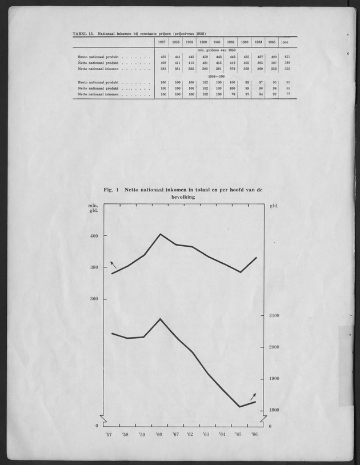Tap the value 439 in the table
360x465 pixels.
pos(163,57)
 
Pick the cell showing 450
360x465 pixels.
pos(203,57)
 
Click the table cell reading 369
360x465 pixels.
pos(246,69)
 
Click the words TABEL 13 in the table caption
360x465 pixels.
pos(83,34)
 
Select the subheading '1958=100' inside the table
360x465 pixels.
pos(217,75)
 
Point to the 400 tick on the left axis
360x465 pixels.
pos(94,235)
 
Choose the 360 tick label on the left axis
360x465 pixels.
pos(94,299)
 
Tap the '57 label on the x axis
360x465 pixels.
pos(109,435)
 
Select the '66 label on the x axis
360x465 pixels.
pos(254,435)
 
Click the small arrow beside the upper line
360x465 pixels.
pos(113,264)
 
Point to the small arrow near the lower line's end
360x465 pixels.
pos(253,396)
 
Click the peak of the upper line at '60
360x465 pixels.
pos(160,234)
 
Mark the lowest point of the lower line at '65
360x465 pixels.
pos(240,407)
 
